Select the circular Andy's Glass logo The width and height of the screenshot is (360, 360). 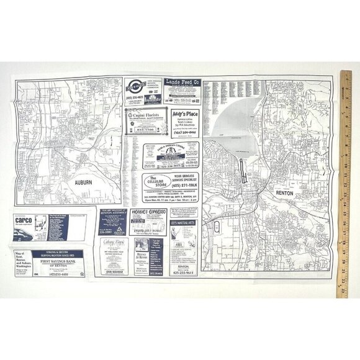click(135, 85)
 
